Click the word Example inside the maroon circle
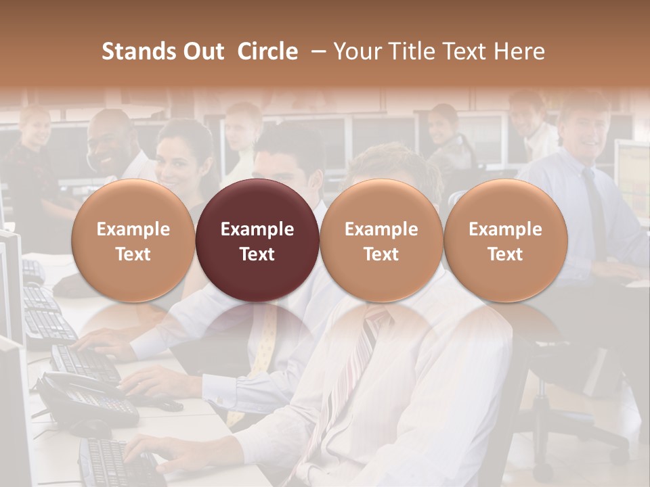coord(257,229)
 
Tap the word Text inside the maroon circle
coord(257,254)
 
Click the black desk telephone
coord(81,399)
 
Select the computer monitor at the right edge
coord(633,176)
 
